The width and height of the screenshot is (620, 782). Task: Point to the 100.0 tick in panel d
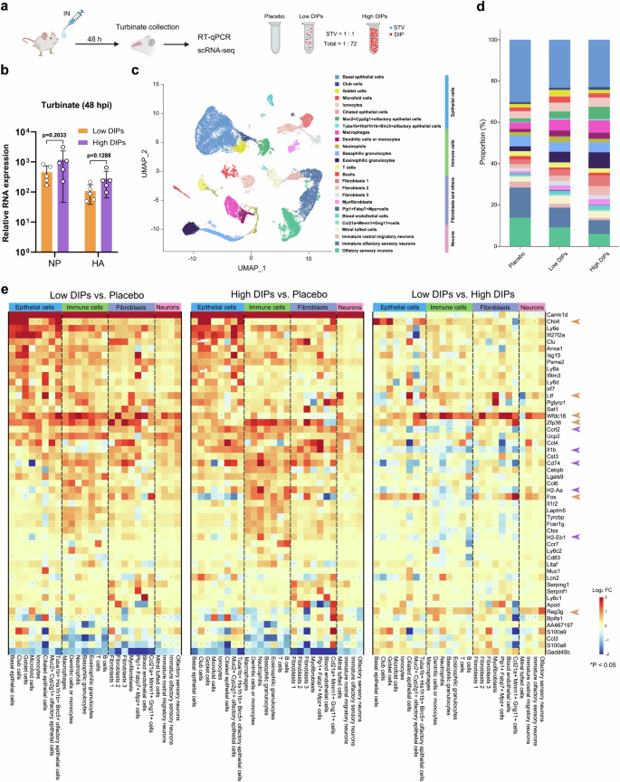[x=491, y=40]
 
